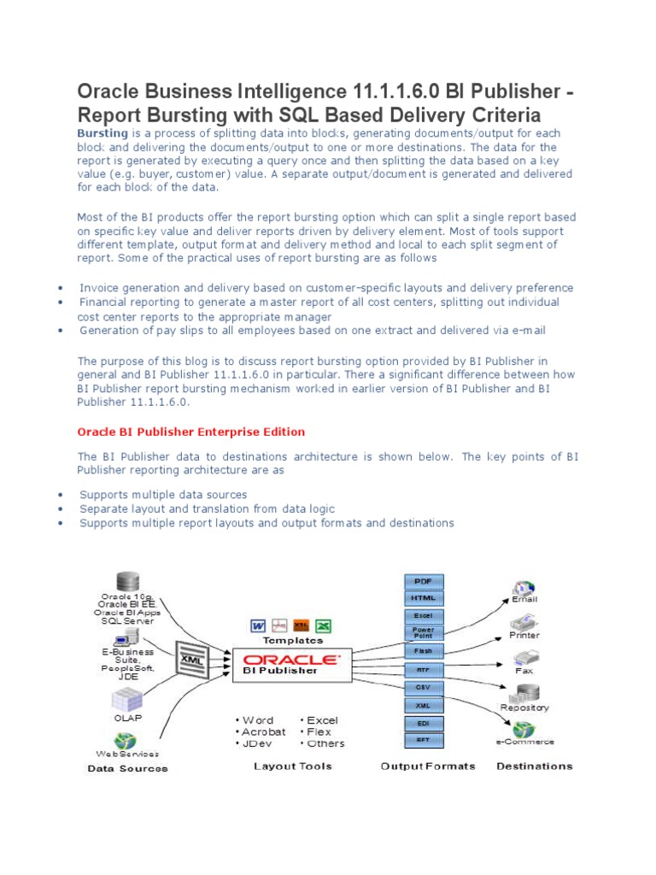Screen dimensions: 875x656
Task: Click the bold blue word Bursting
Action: [x=102, y=134]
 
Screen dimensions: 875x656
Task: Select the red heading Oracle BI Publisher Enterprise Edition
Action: [x=191, y=432]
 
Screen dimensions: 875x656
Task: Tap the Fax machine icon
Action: [x=524, y=659]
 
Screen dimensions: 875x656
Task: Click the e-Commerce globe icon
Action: [x=524, y=729]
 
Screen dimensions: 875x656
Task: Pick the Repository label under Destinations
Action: [x=524, y=708]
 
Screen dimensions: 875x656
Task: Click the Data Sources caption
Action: [x=127, y=768]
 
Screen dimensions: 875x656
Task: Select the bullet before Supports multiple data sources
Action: [x=61, y=495]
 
